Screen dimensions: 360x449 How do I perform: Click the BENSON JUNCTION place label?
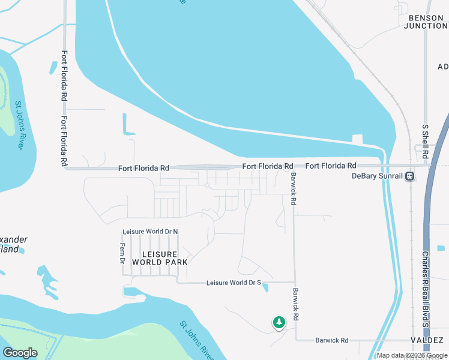click(428, 22)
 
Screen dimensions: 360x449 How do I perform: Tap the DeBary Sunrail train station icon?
click(409, 176)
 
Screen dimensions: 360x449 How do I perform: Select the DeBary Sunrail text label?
click(377, 176)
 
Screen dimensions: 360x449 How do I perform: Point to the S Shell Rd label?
click(425, 142)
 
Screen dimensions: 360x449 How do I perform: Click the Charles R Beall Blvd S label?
click(425, 289)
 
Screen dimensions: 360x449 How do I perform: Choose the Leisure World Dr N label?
click(150, 232)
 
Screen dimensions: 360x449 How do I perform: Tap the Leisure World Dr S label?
click(234, 283)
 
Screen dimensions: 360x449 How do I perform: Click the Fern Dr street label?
click(122, 253)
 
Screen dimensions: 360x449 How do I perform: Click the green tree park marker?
click(279, 322)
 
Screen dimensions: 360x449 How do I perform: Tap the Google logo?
click(20, 352)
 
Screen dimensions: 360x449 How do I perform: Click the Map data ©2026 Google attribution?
click(412, 355)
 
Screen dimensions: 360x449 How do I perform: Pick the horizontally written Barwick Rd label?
click(332, 340)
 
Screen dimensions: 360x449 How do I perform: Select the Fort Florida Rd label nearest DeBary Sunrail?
click(331, 166)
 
